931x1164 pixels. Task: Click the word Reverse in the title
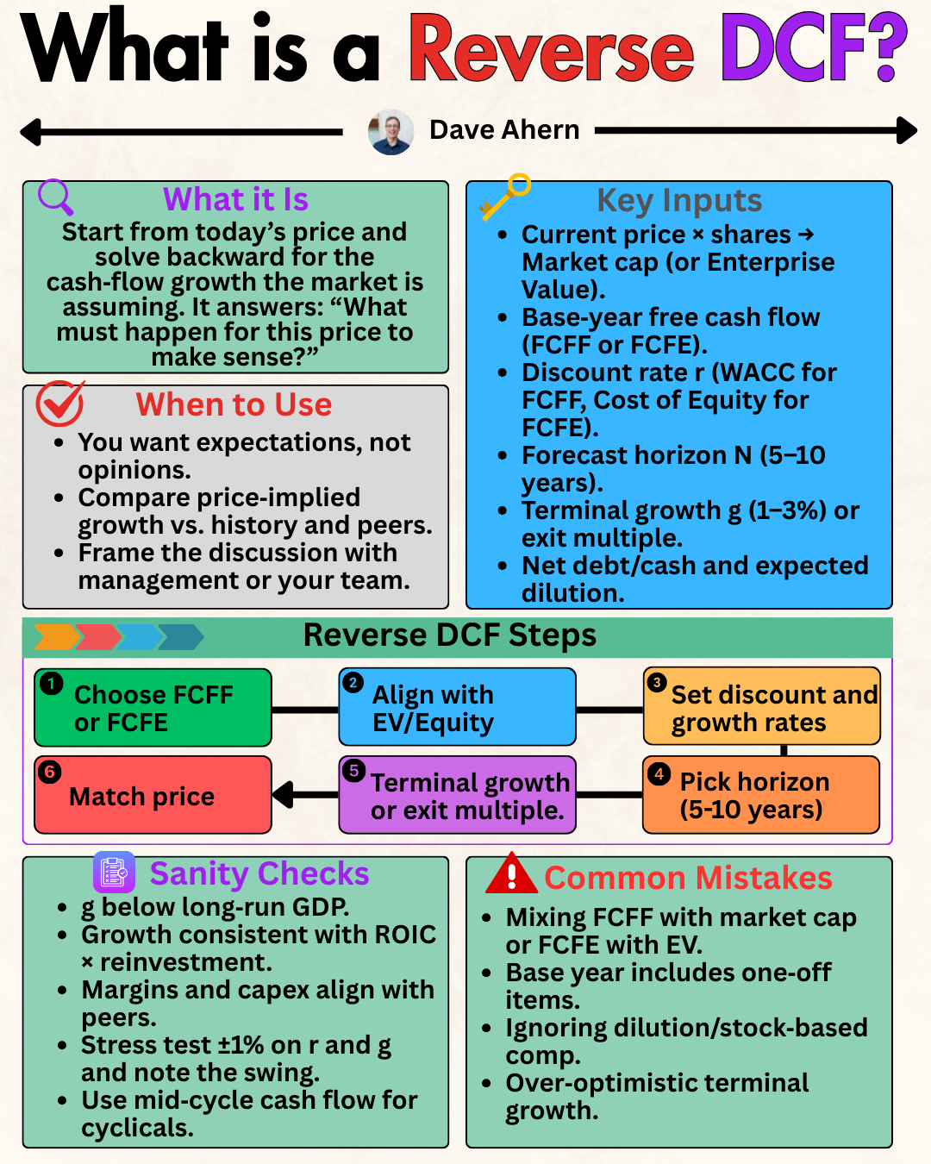[552, 50]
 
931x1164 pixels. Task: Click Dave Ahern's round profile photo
[391, 132]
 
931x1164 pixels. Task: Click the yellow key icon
[505, 197]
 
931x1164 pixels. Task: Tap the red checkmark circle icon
[59, 404]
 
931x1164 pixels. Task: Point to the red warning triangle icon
[511, 873]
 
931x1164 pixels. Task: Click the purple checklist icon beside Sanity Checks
[114, 873]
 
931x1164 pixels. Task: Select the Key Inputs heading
[679, 200]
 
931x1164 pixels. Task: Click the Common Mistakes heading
[688, 878]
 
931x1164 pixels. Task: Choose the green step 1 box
[153, 708]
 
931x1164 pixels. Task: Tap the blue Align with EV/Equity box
[457, 708]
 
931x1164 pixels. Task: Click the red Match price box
[153, 795]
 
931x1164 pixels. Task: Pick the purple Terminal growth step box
[457, 795]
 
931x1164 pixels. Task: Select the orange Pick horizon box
[761, 795]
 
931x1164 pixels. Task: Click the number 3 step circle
[657, 683]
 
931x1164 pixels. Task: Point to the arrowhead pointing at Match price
[284, 794]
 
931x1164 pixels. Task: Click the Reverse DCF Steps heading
[449, 635]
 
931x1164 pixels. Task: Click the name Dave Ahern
[504, 130]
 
